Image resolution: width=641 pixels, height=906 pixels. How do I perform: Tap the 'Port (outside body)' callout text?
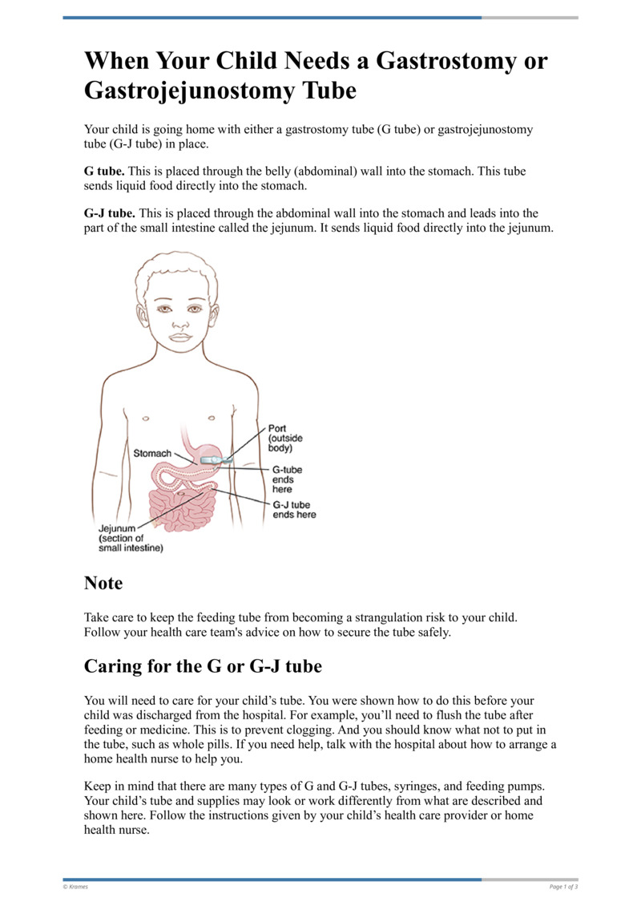pos(284,439)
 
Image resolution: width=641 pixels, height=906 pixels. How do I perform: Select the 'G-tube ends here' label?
pos(288,479)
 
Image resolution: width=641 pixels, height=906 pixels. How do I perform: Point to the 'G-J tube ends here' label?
pos(294,510)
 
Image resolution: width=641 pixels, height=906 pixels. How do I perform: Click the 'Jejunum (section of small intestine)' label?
pos(130,539)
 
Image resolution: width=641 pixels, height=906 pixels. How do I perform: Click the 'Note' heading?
pos(103,583)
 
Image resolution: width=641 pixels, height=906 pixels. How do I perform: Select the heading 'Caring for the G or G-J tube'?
pos(203,665)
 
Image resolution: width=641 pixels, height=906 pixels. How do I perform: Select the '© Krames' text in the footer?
pos(77,886)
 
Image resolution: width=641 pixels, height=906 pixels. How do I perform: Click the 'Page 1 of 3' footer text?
pos(563,886)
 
